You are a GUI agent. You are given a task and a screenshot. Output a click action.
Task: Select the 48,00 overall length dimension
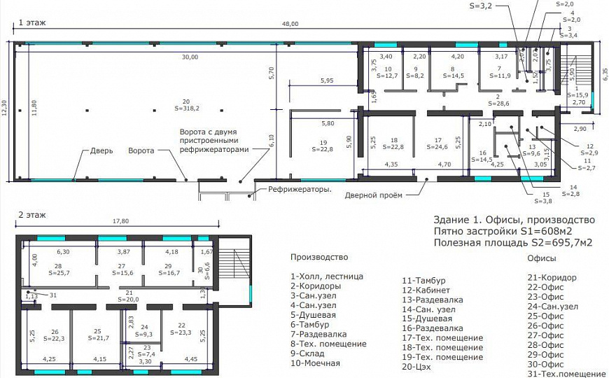pyautogui.click(x=290, y=24)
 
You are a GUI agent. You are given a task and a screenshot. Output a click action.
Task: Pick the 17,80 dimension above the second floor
pyautogui.click(x=120, y=222)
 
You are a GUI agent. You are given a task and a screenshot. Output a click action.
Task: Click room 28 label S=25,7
pyautogui.click(x=57, y=271)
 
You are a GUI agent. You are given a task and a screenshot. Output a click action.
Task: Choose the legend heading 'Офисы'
pyautogui.click(x=541, y=258)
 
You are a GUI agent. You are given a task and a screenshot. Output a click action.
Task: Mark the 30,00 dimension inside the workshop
pyautogui.click(x=190, y=57)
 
